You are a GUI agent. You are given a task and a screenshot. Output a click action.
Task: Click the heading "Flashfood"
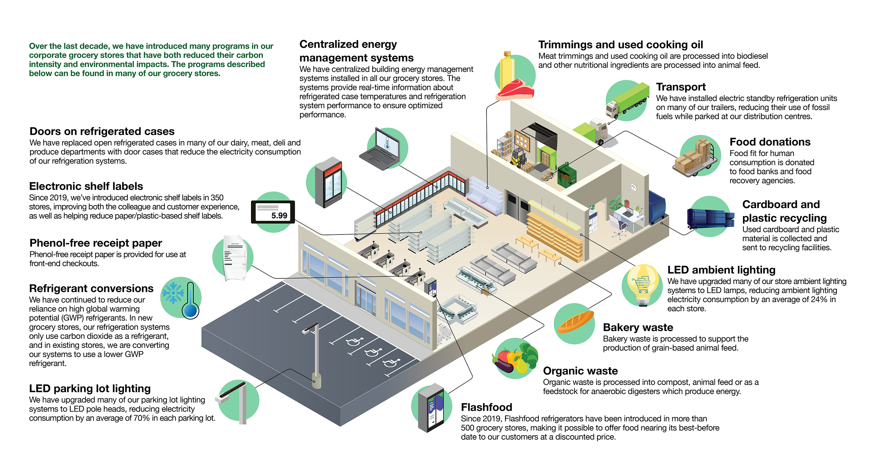[x=486, y=407]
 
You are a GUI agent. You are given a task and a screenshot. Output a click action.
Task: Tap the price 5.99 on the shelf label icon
[x=279, y=215]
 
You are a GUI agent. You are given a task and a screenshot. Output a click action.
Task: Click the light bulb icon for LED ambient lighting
[x=642, y=284]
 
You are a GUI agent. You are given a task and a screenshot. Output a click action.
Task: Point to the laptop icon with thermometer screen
[x=382, y=149]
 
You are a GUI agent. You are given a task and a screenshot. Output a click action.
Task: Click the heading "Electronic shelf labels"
[x=86, y=186]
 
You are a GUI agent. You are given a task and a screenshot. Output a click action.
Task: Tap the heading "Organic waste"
[x=580, y=371]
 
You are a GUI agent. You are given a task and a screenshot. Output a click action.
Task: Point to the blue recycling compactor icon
[x=710, y=218]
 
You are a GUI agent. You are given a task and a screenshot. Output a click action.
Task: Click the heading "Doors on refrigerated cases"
[x=102, y=131]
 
